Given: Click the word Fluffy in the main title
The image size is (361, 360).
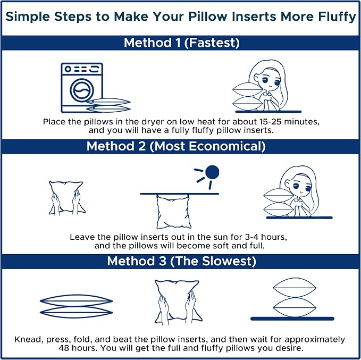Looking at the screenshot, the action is pos(337,17).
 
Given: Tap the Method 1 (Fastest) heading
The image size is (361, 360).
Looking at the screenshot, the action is pos(182,43).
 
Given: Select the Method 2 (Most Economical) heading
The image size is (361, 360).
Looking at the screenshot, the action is pos(176,146).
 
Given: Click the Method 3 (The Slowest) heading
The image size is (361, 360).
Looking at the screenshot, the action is pos(181,261).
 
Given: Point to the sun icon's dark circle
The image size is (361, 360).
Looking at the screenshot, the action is pos(212,172).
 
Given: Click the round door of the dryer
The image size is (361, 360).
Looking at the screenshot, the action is pos(82,90).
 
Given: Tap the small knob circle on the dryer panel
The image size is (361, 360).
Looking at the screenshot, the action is pos(68,69).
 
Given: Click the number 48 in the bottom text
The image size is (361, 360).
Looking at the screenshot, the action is pos(64,348).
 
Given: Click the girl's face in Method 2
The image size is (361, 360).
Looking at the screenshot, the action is pos(301,186).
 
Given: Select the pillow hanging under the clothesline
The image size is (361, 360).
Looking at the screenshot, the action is pos(174,212).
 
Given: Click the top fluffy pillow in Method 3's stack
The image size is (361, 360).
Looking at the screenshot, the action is pos(295,288).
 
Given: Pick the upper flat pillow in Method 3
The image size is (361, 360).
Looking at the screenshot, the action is pos(76,300).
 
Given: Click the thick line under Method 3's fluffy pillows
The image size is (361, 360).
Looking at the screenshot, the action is pos(292,319).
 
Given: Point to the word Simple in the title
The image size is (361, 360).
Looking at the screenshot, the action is pos(28,17).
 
